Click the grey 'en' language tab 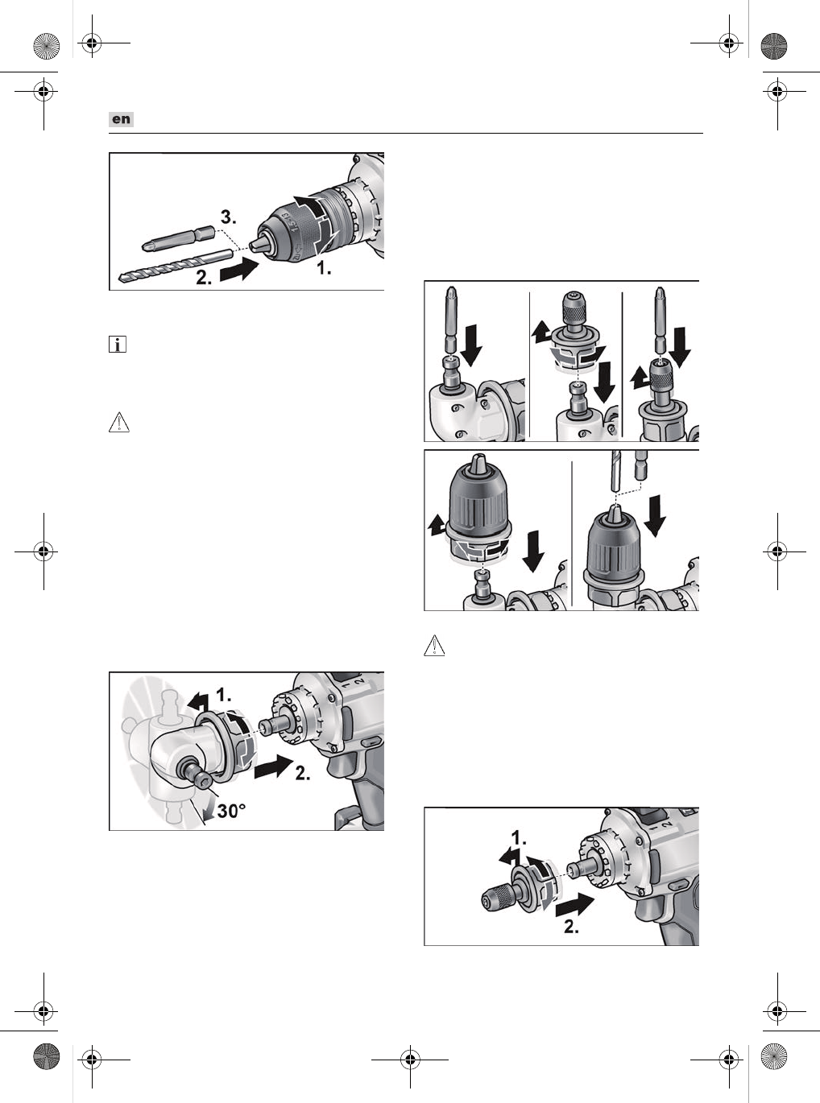tap(121, 119)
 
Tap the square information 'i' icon tap(118, 344)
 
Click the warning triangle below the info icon tap(119, 422)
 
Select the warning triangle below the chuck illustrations tap(434, 646)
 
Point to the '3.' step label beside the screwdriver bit tap(229, 217)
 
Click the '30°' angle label tap(231, 811)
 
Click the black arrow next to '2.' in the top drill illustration tap(239, 270)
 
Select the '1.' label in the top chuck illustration tap(325, 268)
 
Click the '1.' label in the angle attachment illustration tap(224, 696)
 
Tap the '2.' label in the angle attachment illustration tap(303, 772)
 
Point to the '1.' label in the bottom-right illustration tap(519, 838)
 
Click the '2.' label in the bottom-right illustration tap(571, 927)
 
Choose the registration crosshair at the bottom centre tap(410, 1060)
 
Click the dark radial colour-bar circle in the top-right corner tap(774, 46)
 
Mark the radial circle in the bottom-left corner tap(46, 1055)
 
